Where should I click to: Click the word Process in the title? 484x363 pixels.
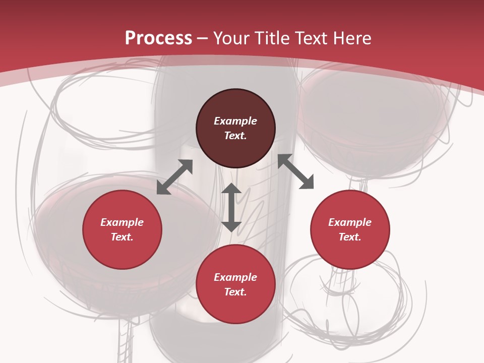(158, 38)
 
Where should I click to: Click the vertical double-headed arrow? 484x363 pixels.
(231, 207)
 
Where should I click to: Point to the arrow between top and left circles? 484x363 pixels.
(174, 177)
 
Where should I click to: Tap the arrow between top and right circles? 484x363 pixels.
(296, 171)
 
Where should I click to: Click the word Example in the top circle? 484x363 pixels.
(235, 121)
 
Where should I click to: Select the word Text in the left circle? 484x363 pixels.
(122, 237)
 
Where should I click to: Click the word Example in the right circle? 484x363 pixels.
(350, 222)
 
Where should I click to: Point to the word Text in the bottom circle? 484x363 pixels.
(235, 292)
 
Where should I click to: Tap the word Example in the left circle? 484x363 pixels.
(122, 222)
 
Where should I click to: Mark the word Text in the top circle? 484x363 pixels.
(235, 136)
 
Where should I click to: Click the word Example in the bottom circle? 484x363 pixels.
(235, 277)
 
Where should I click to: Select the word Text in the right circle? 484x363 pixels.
(350, 237)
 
